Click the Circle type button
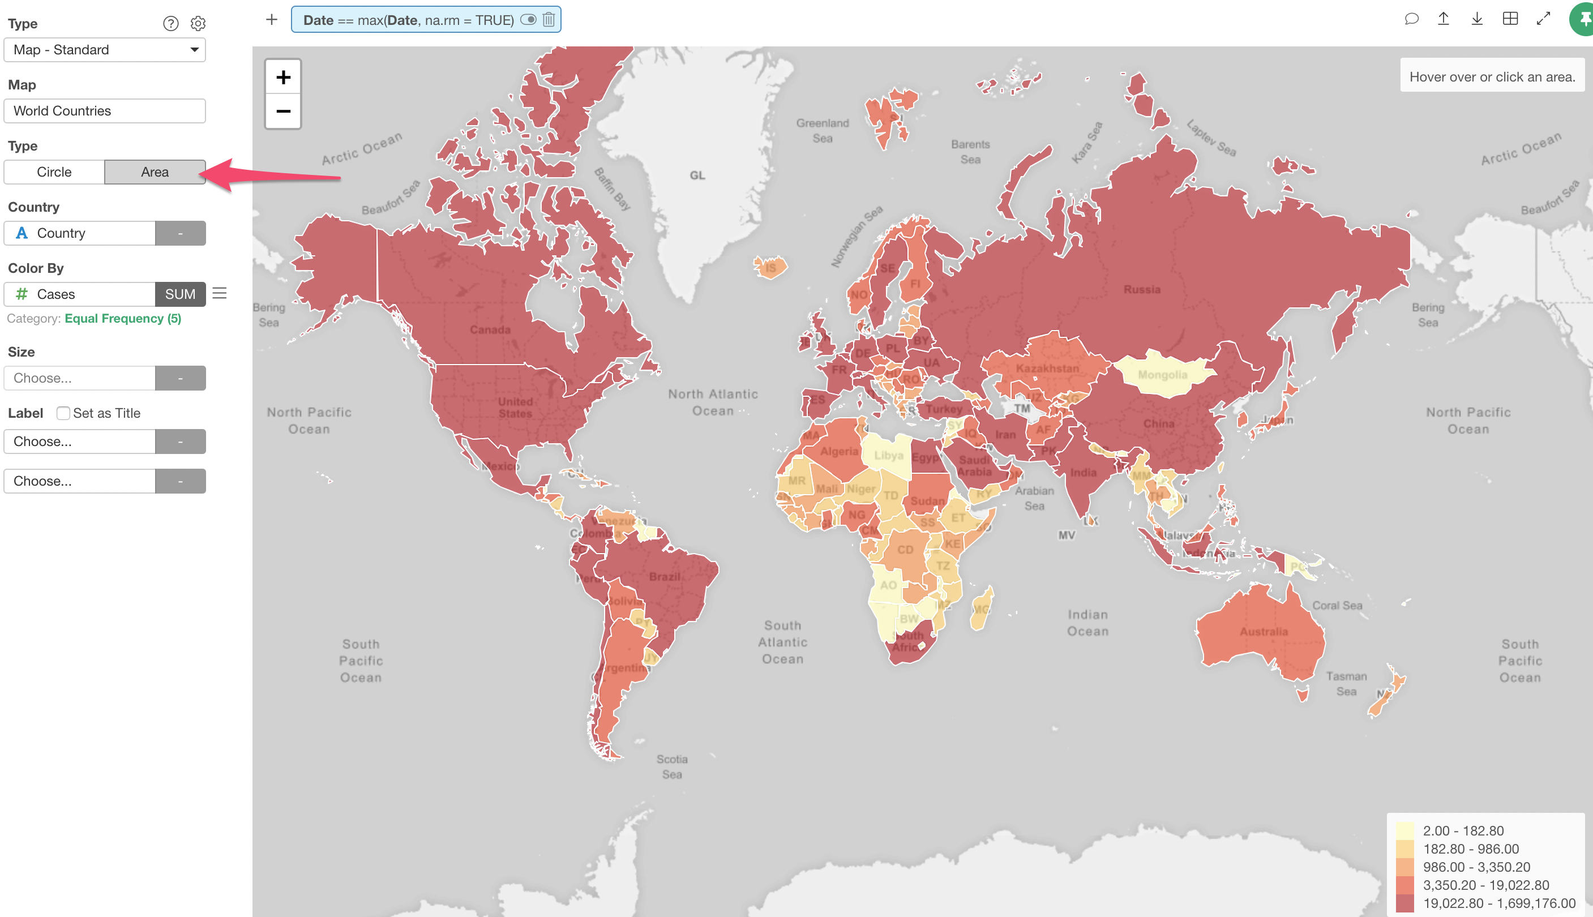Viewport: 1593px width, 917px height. click(x=54, y=172)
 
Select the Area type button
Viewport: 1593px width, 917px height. click(x=155, y=172)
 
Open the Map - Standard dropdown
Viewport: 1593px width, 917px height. click(x=105, y=50)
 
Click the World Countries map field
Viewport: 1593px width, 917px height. click(x=105, y=111)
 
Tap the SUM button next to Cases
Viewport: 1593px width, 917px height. click(x=180, y=294)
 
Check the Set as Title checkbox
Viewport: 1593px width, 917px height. click(x=63, y=413)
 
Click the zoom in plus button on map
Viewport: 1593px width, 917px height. click(x=283, y=78)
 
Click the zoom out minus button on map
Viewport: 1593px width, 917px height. click(x=283, y=112)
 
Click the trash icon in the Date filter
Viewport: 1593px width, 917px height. click(x=549, y=19)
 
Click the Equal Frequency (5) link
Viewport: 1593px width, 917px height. click(x=123, y=319)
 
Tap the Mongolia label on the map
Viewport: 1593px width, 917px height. click(x=1162, y=375)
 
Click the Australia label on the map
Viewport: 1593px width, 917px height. click(x=1264, y=632)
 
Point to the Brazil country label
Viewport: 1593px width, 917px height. click(x=665, y=576)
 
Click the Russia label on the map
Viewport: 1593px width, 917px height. click(x=1141, y=290)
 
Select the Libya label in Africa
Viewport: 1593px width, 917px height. click(x=888, y=455)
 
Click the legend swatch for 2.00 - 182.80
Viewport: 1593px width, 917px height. click(x=1404, y=831)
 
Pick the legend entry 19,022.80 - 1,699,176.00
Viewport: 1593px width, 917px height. click(x=1498, y=903)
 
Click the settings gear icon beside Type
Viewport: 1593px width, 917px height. click(x=198, y=24)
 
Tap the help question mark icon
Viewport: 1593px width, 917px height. click(x=171, y=24)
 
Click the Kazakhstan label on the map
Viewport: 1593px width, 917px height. click(x=1047, y=368)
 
